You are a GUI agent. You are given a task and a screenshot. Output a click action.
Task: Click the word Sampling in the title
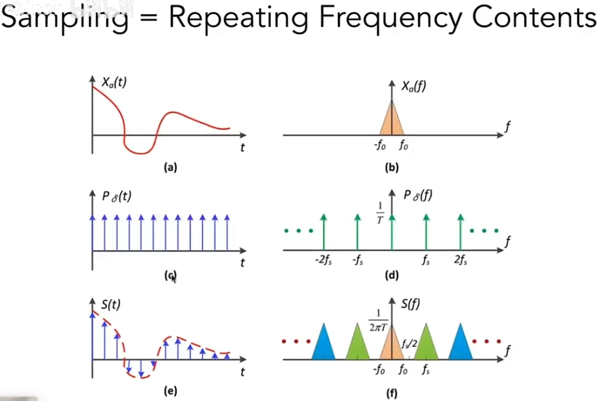(64, 19)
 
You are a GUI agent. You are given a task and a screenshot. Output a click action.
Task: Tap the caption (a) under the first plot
(170, 168)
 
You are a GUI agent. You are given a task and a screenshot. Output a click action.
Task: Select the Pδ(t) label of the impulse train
(117, 196)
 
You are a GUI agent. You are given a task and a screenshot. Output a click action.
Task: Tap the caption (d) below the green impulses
(391, 275)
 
